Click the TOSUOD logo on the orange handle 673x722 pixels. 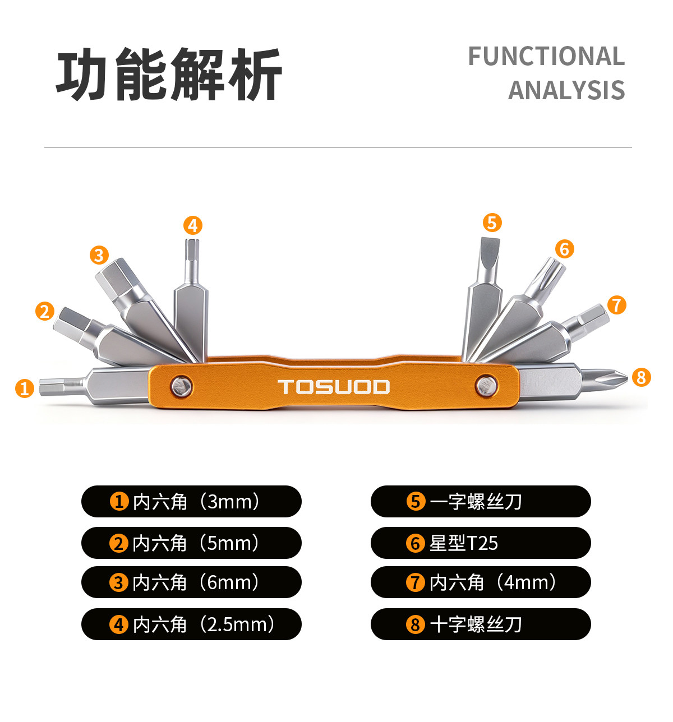pos(334,387)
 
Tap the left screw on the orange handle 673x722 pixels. pos(181,386)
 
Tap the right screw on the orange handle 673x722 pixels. pos(486,385)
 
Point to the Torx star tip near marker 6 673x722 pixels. pos(551,273)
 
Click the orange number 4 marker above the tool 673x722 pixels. pos(192,225)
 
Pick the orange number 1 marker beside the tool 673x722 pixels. pos(24,388)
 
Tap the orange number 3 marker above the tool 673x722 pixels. pos(99,255)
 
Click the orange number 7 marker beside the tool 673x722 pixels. pos(616,305)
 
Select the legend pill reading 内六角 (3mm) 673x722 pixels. pos(191,501)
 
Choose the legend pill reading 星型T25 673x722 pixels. pos(481,543)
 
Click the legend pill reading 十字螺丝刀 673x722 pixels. pos(481,624)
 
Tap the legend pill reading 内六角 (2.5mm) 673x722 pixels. pos(191,624)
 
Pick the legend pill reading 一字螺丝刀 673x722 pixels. pos(481,501)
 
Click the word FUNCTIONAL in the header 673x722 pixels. pos(546,57)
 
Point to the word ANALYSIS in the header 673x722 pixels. pos(566,90)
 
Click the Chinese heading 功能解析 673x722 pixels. pos(169,74)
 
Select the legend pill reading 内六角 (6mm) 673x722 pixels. pos(191,582)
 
